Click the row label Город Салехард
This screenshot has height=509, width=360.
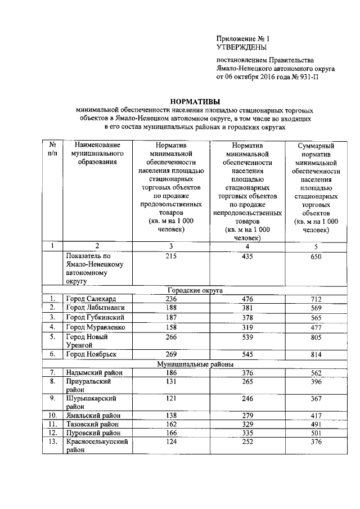point(92,298)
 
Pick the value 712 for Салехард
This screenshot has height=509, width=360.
point(318,298)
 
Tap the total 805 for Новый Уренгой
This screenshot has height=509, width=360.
point(318,337)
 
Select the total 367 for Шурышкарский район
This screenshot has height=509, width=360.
point(318,399)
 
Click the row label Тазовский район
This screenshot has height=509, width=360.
point(93,425)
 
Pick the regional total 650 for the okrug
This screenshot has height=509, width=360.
point(318,256)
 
